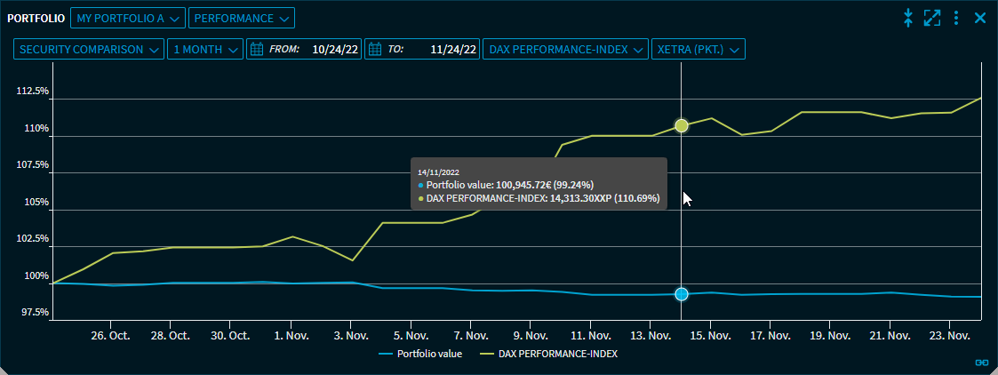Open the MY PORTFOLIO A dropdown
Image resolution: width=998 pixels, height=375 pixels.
pos(128,18)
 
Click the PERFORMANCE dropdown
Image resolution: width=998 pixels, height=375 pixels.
pos(241,18)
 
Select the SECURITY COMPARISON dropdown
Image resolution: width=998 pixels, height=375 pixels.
pos(89,50)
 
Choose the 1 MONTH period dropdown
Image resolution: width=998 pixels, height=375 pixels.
pos(204,50)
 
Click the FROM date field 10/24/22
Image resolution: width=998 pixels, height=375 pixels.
pos(304,50)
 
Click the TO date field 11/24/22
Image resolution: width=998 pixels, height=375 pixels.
pos(421,50)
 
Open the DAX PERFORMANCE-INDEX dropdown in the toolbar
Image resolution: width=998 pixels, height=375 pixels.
pos(565,50)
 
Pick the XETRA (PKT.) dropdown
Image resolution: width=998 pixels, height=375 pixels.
pos(698,50)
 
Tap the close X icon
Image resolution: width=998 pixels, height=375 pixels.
pos(980,18)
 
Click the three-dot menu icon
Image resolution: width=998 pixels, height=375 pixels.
pos(956,18)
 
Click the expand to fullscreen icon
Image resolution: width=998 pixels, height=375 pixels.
pos(932,18)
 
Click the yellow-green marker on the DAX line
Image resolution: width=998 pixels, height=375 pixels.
pos(682,125)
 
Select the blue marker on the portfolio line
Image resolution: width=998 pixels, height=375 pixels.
pos(682,294)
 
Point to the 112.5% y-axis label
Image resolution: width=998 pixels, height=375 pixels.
pos(32,92)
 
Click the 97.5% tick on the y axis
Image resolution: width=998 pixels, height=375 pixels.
pos(34,313)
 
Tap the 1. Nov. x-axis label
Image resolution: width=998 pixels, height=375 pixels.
pos(290,336)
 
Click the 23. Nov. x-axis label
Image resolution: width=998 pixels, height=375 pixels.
pos(949,336)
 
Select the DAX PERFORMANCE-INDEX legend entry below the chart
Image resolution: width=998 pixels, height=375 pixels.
pos(549,354)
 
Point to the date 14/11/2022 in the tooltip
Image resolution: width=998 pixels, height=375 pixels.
pos(438,172)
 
